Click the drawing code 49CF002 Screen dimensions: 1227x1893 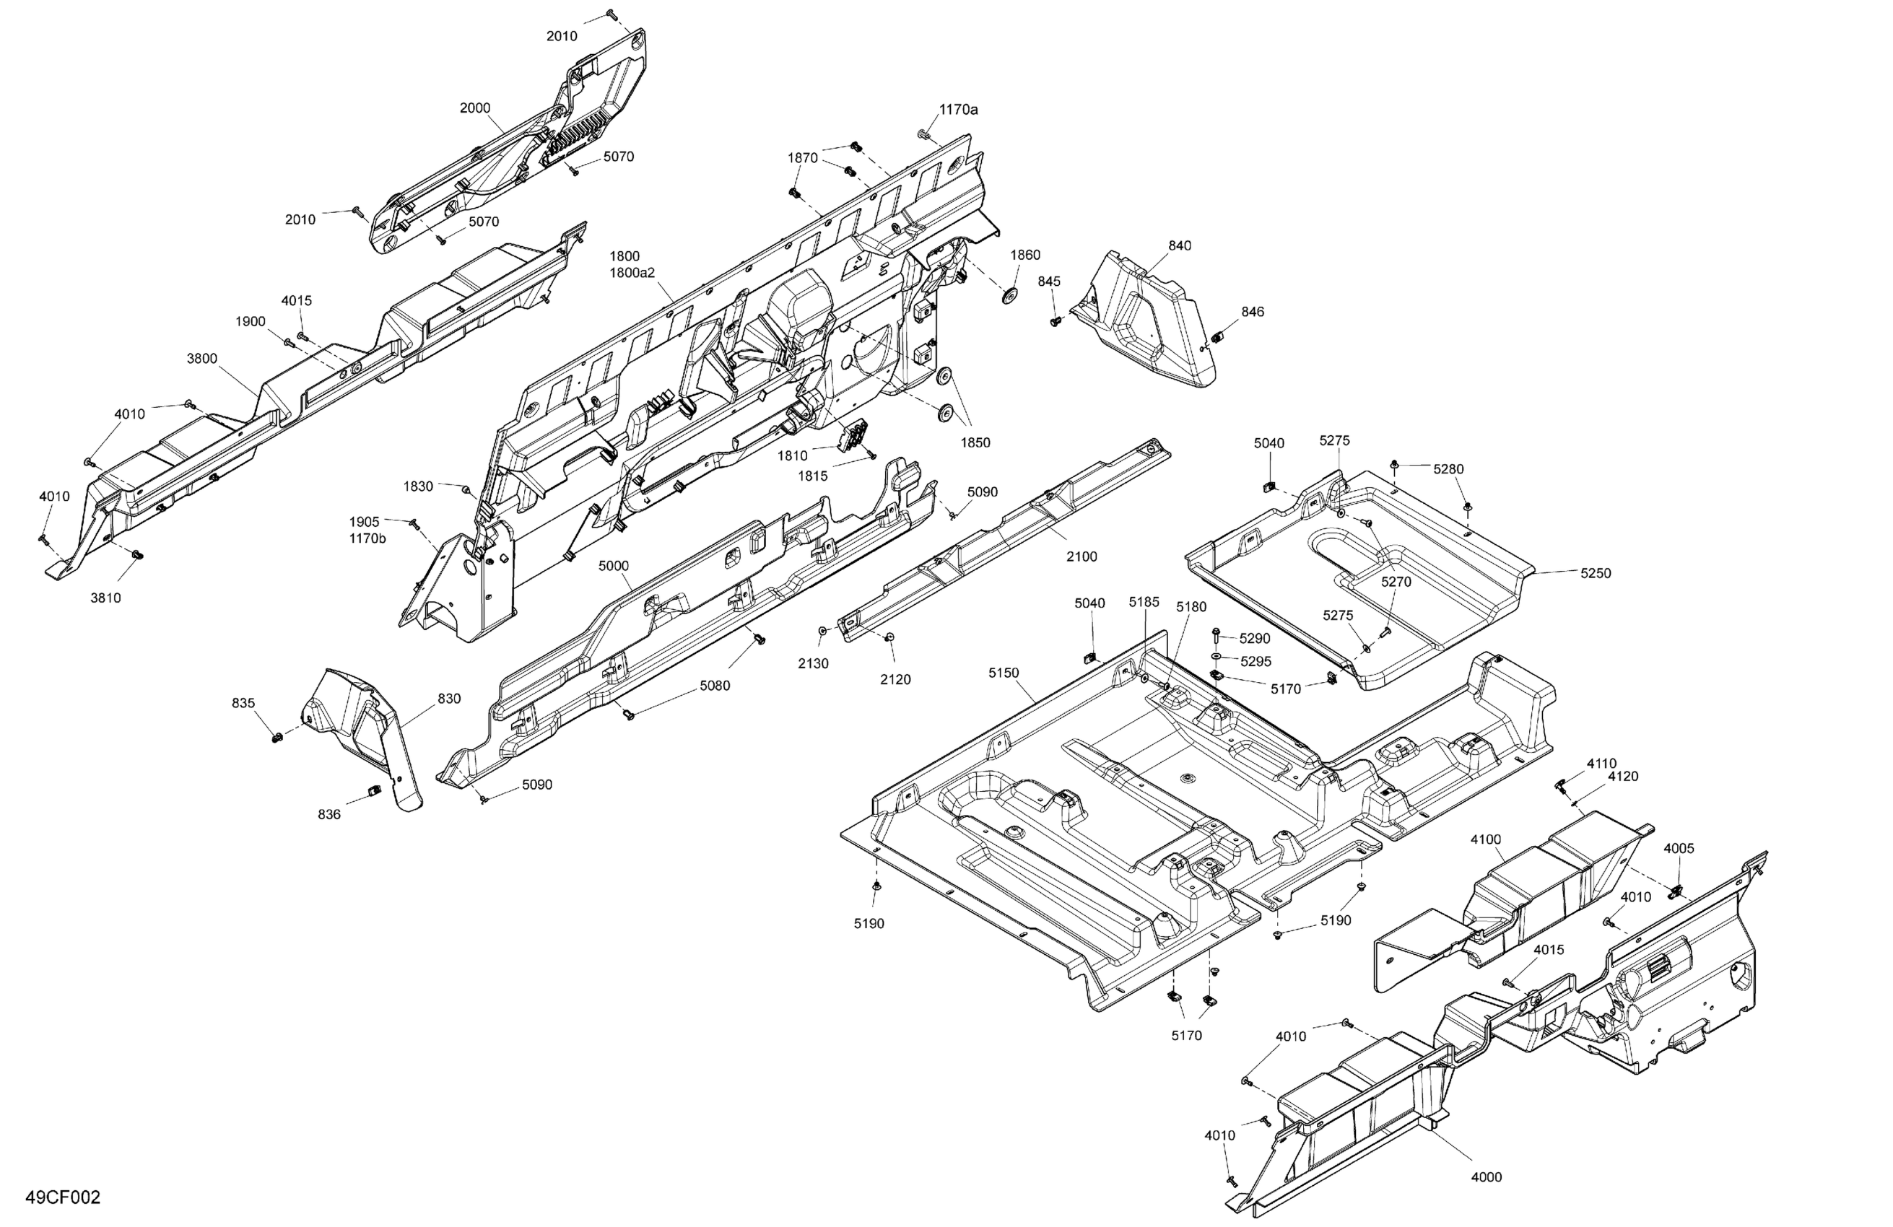click(63, 1197)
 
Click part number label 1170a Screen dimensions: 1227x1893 click(959, 110)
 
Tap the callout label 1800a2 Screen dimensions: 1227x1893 click(632, 273)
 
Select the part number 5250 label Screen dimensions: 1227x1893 click(1596, 573)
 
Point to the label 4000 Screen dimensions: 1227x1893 click(1486, 1177)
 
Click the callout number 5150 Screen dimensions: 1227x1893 click(1004, 673)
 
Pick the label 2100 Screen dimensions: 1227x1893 click(1082, 556)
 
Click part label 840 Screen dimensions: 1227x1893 click(1180, 245)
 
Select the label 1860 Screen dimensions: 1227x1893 click(1025, 256)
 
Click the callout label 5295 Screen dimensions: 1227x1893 click(1256, 662)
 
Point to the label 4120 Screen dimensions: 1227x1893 click(1622, 776)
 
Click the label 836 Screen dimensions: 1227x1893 click(329, 814)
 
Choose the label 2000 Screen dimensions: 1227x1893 click(475, 108)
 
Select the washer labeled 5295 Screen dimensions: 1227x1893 click(1218, 656)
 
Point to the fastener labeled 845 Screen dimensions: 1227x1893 click(1056, 321)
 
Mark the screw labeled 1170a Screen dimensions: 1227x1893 click(923, 133)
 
